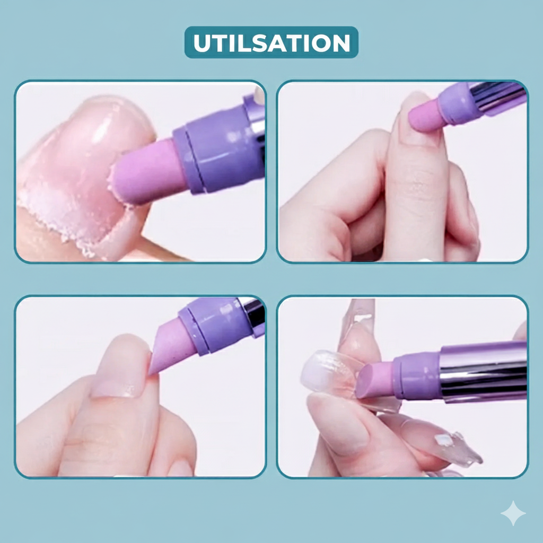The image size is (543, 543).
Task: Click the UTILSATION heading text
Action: coord(271,43)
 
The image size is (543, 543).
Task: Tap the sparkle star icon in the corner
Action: coord(513,513)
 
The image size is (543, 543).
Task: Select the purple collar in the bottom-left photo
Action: coord(211,324)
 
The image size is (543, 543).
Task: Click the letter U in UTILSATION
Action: coord(202,43)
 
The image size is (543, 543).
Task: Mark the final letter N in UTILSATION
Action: coord(341,43)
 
